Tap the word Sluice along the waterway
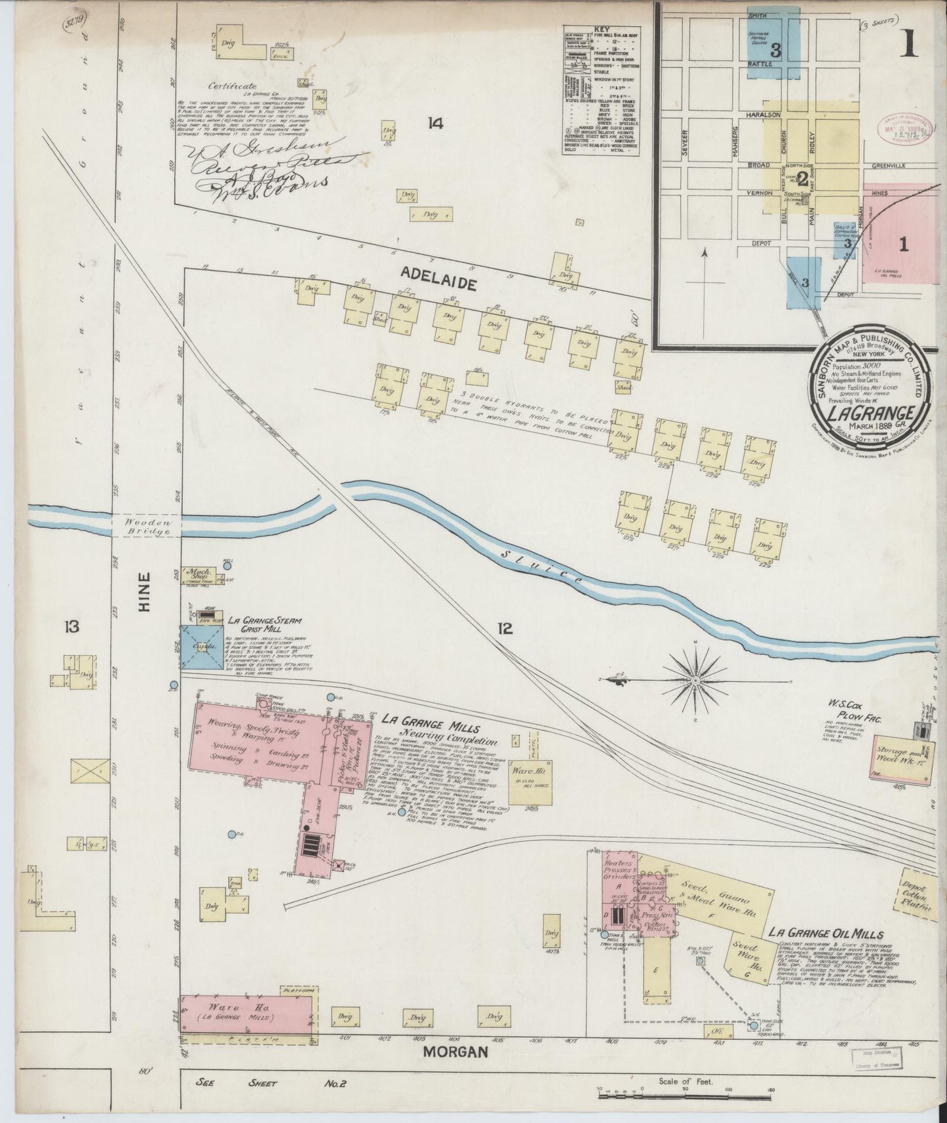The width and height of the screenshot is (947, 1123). tap(539, 567)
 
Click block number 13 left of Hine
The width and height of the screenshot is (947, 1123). tap(71, 627)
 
